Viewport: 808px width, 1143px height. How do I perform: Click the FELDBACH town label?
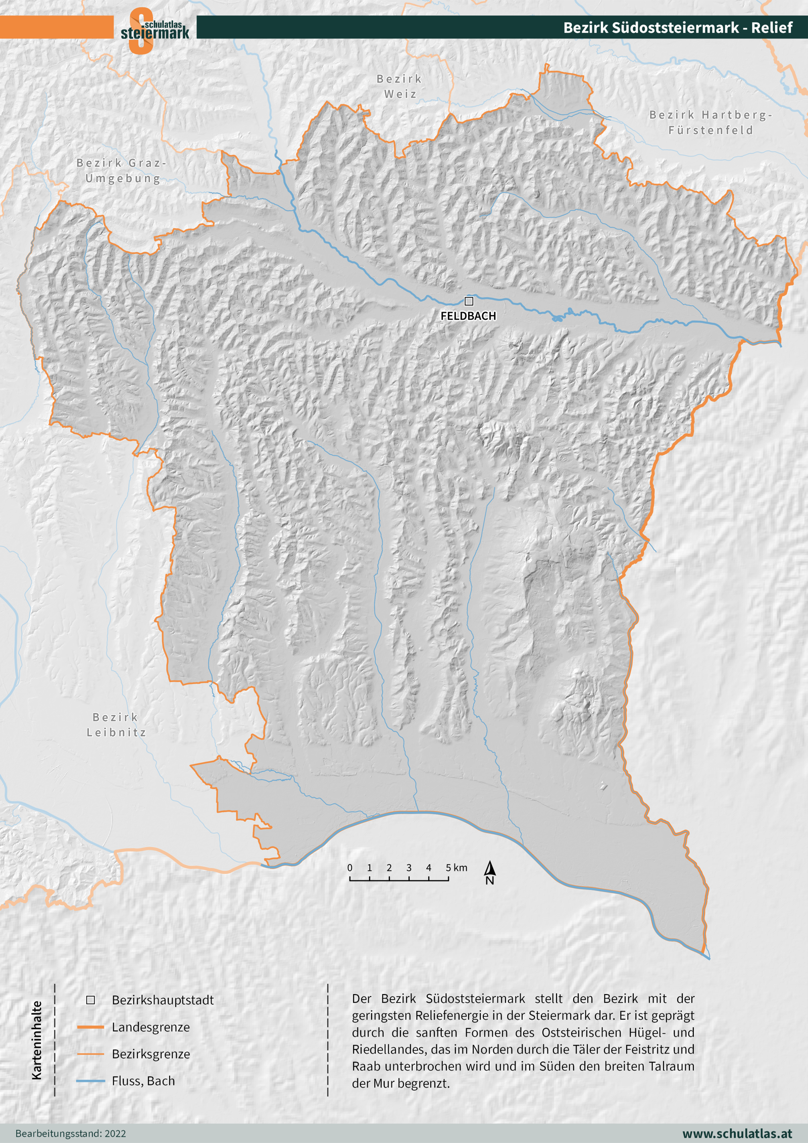tap(468, 316)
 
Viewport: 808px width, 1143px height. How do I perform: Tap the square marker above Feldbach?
tap(469, 302)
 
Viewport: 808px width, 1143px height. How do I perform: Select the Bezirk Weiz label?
tap(399, 86)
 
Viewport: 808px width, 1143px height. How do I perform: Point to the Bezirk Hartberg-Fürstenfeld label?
tap(711, 123)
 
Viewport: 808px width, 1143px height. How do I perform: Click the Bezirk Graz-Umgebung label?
tap(122, 171)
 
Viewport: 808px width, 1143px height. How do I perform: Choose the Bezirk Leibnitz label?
tap(116, 724)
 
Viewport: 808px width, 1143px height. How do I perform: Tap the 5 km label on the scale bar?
tap(456, 868)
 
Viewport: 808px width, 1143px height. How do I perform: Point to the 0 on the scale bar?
tap(350, 868)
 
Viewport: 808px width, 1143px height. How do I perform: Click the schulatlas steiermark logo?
tap(154, 30)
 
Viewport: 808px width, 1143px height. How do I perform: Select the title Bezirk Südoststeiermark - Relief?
tap(678, 27)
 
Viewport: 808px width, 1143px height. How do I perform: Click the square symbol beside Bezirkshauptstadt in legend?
tap(91, 1000)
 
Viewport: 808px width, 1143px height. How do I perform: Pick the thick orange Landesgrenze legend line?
tap(90, 1027)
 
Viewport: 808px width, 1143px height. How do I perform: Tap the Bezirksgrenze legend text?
tap(151, 1054)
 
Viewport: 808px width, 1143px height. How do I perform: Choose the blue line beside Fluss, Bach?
tap(90, 1081)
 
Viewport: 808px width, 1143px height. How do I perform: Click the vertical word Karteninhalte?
tap(37, 1040)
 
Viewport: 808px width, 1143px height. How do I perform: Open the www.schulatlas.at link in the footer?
tap(737, 1133)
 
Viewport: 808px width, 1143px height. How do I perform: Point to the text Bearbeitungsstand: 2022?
tap(71, 1133)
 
